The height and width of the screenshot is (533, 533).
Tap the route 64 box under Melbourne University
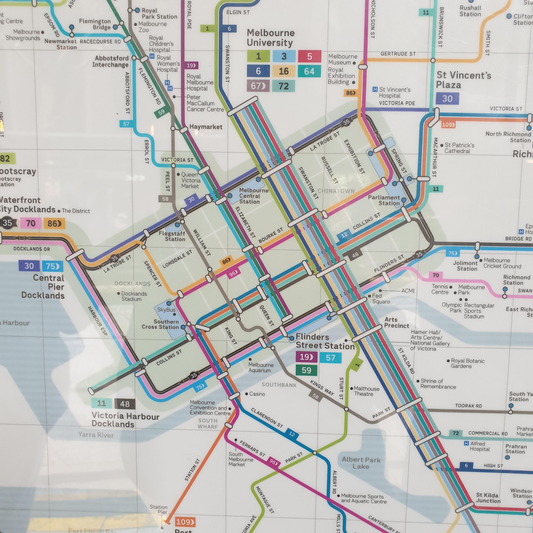point(309,71)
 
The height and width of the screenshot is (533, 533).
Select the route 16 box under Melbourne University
point(284,71)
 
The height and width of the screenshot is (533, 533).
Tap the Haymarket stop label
point(206,127)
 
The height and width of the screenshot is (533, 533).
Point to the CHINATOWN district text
point(336,191)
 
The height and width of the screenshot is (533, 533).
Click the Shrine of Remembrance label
point(438,384)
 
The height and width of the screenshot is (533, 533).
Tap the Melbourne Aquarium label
point(261,367)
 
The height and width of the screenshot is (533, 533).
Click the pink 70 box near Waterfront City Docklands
point(31,223)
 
